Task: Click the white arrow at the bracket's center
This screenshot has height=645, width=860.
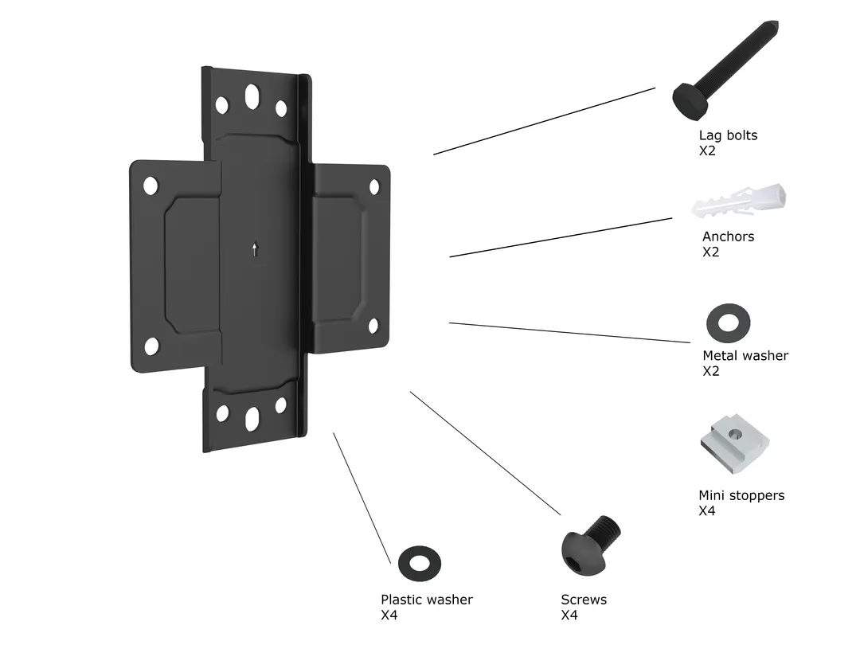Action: click(255, 249)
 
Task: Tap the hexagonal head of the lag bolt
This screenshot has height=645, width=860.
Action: click(687, 100)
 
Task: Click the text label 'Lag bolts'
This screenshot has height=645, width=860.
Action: click(728, 135)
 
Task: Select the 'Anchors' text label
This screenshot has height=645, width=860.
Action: click(728, 236)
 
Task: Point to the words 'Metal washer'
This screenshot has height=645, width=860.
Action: click(745, 356)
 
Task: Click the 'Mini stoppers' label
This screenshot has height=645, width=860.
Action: click(741, 495)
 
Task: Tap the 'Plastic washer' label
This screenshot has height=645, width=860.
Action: click(426, 600)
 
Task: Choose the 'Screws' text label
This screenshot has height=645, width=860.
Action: click(583, 600)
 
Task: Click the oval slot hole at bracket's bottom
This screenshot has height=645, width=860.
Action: click(252, 418)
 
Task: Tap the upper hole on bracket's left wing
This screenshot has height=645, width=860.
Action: click(150, 186)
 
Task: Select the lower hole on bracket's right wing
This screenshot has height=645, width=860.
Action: click(373, 325)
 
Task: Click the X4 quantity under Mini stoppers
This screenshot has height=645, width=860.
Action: click(706, 511)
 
